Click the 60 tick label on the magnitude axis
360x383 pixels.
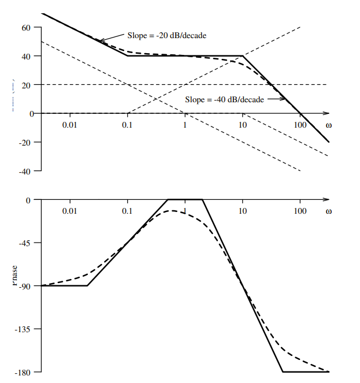click(27, 28)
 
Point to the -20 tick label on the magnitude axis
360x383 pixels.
click(25, 142)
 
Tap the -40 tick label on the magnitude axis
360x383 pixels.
click(25, 171)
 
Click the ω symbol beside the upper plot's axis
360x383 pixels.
click(329, 125)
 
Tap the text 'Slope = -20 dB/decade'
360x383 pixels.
click(167, 35)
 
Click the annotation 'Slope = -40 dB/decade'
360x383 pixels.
click(224, 99)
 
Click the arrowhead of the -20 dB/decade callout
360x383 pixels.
click(99, 40)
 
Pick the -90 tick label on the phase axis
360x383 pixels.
click(25, 285)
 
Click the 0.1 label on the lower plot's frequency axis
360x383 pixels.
click(127, 211)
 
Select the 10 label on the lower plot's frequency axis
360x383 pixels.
click(243, 211)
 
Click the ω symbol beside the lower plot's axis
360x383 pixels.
click(329, 211)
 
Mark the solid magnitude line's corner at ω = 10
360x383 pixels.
click(243, 56)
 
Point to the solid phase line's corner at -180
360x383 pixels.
click(283, 371)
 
